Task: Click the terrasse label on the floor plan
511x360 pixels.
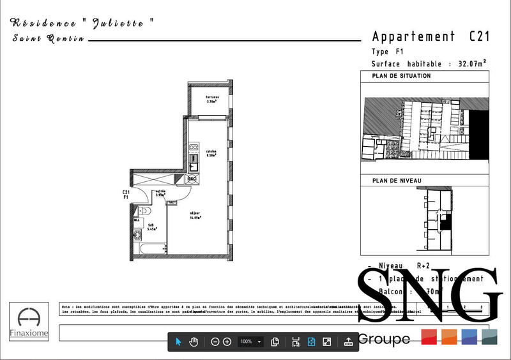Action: tap(211, 98)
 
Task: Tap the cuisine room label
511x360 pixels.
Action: tap(211, 153)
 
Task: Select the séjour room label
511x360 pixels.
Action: tap(195, 215)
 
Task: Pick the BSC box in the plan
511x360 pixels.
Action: tap(191, 179)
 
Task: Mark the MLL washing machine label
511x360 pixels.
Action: tap(137, 220)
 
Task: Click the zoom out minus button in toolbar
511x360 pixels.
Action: tap(215, 341)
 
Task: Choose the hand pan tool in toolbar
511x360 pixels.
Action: tap(194, 341)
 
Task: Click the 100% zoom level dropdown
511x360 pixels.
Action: tap(250, 341)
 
